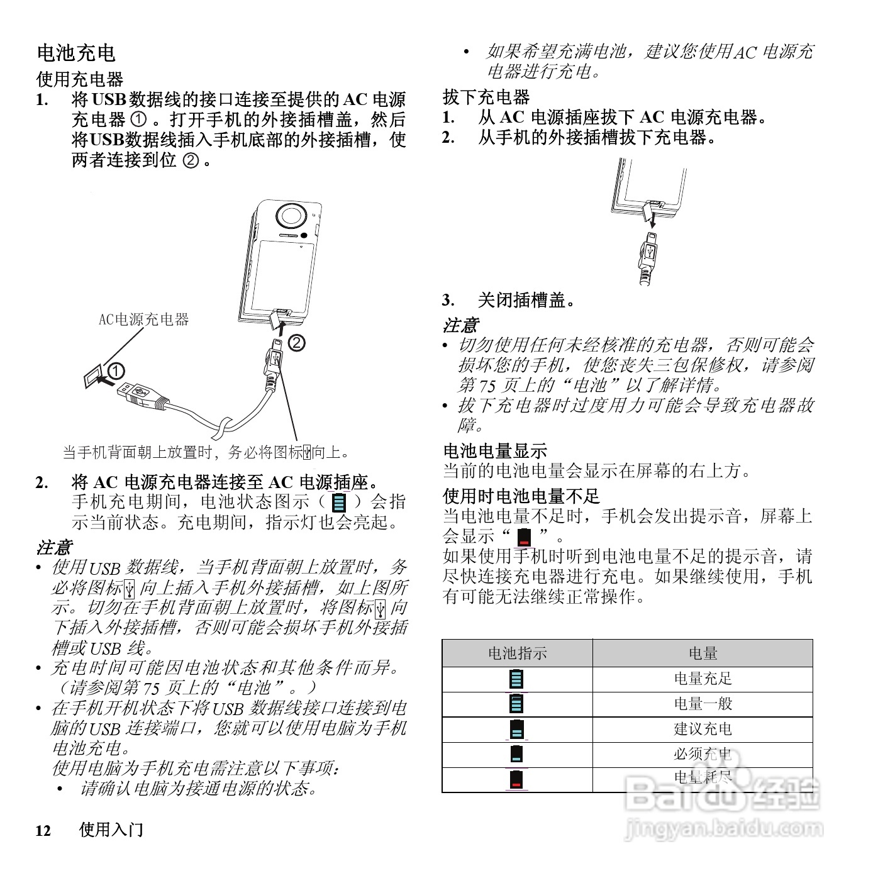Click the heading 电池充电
coord(76,52)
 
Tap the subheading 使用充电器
coord(79,79)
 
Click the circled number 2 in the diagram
coord(296,343)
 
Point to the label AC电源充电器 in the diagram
coord(143,320)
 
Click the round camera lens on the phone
coord(291,215)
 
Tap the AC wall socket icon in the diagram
coord(92,378)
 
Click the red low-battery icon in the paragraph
coord(524,538)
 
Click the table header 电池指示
coord(517,653)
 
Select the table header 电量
coord(703,653)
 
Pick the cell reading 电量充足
coord(703,679)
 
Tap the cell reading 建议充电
coord(703,729)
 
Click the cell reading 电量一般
coord(703,704)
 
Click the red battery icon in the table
coord(516,780)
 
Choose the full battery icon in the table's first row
coord(516,679)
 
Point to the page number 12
coord(43,831)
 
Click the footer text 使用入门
coord(111,830)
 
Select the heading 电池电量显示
coord(494,450)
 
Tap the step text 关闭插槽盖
coord(526,300)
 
